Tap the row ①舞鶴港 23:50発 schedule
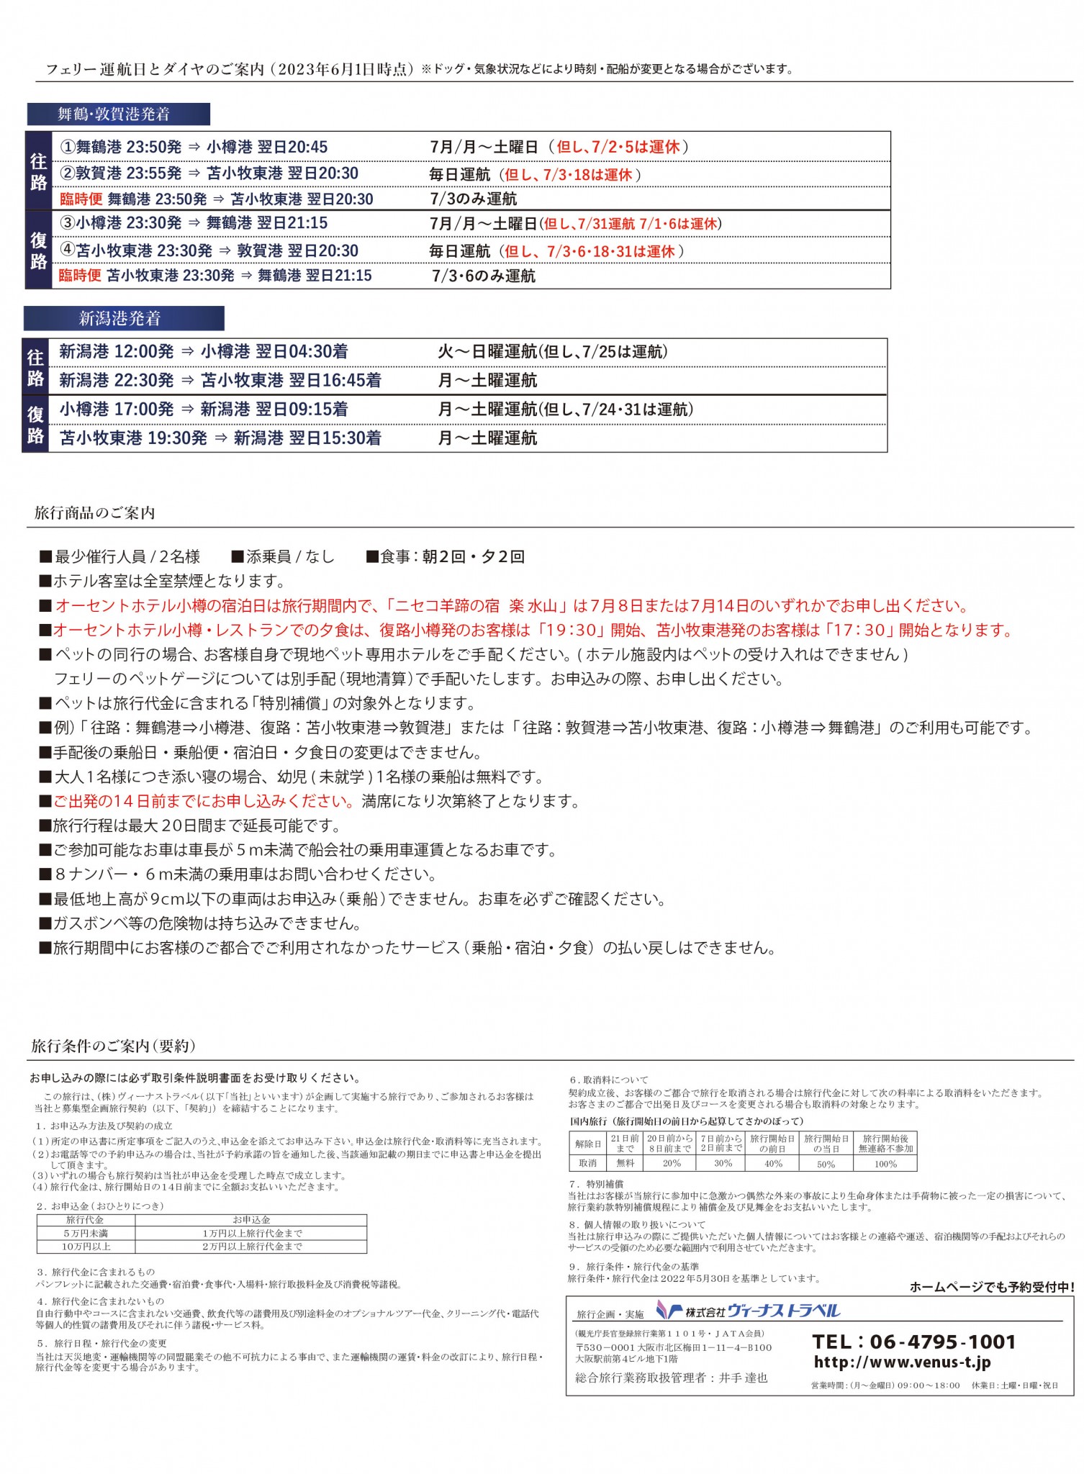pos(194,147)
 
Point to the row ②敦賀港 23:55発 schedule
pos(209,173)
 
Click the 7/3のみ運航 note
pos(474,199)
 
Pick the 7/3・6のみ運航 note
pos(484,276)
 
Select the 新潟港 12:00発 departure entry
pos(117,351)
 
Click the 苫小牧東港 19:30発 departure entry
pos(134,438)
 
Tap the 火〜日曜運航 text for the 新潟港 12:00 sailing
pos(487,351)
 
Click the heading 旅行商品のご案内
pos(94,512)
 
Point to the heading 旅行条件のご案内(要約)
pos(113,1046)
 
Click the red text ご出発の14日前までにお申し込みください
pos(204,801)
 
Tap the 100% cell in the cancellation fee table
pos(885,1164)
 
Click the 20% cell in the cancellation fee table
pos(671,1164)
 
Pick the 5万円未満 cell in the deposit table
pos(86,1233)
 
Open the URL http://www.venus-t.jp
pos(902,1362)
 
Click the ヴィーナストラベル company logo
pos(749,1311)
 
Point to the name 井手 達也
pos(743,1378)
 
